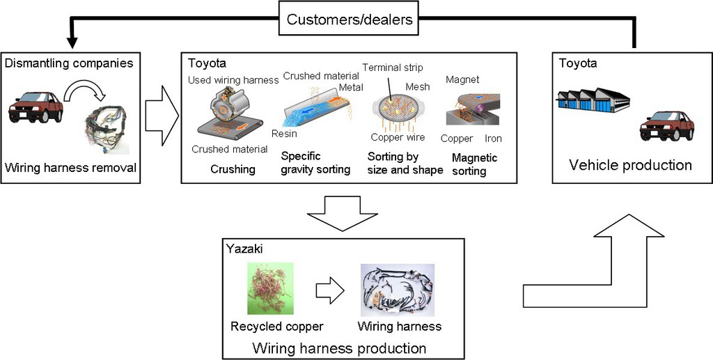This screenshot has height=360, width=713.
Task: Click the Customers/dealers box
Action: point(350,19)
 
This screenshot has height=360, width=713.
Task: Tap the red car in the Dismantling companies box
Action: point(36,107)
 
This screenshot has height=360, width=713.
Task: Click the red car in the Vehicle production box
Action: point(666,125)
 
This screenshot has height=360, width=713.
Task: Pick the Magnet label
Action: point(462,80)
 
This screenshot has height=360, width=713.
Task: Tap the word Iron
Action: point(493,139)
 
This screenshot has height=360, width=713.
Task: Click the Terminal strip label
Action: point(393,68)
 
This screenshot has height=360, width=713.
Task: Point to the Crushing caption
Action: point(233,169)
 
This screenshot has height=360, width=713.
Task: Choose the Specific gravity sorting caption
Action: point(315,163)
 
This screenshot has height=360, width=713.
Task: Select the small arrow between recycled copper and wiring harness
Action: point(329,291)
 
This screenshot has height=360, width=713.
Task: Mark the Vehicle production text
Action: point(630,165)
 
